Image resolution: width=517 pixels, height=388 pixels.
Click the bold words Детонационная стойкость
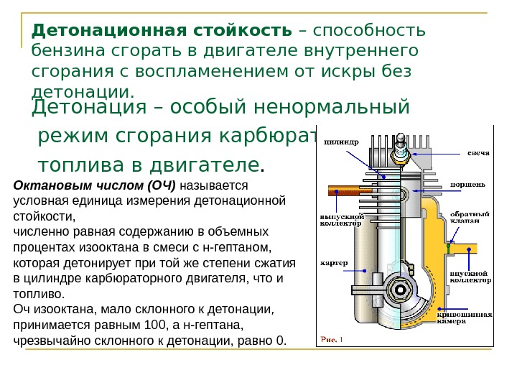(162, 32)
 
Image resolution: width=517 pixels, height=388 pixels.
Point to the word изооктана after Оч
(60, 310)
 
